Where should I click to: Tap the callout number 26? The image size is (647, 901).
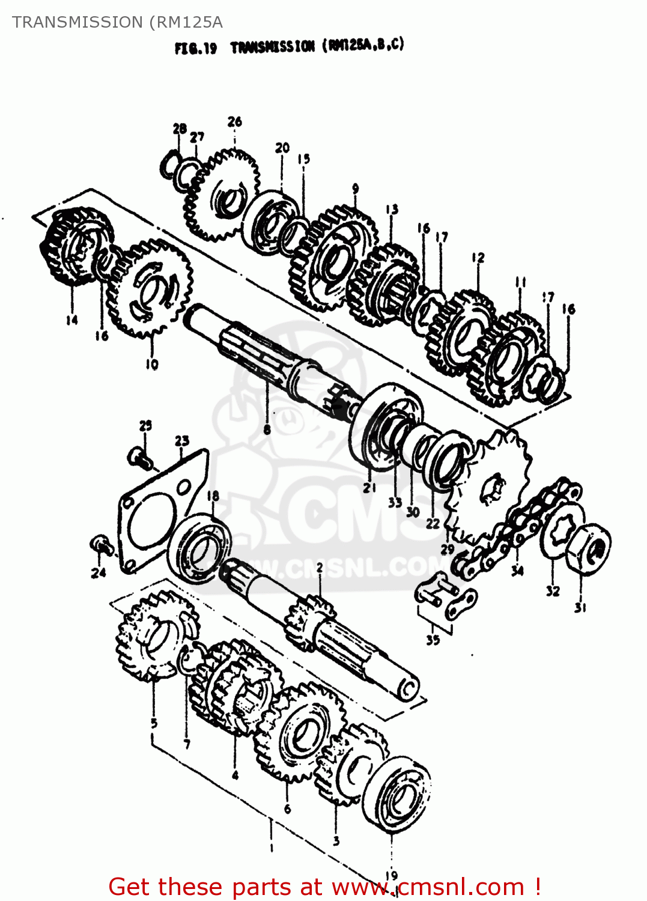[x=234, y=122]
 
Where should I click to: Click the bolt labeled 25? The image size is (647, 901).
[x=138, y=457]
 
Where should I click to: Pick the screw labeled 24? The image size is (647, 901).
[x=101, y=545]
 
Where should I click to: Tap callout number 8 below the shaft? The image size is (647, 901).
[x=267, y=429]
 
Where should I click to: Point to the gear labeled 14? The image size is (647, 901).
[x=75, y=246]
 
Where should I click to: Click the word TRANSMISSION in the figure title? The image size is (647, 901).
[x=273, y=47]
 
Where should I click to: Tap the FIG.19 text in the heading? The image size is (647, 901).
[x=196, y=48]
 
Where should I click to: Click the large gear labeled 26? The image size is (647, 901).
[x=222, y=195]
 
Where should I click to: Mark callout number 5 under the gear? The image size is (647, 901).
[x=154, y=723]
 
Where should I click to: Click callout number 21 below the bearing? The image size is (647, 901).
[x=369, y=488]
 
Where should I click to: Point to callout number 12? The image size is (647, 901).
[x=478, y=258]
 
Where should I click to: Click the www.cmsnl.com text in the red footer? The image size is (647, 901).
[x=428, y=887]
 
